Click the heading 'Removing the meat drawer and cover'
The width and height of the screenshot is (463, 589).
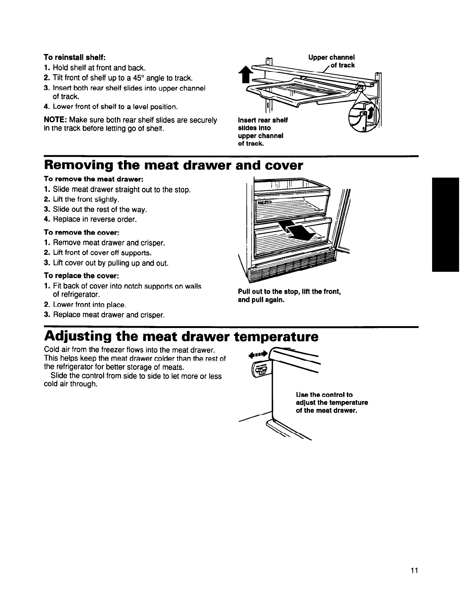click(x=174, y=165)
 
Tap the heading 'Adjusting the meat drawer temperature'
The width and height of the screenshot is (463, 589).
click(x=181, y=337)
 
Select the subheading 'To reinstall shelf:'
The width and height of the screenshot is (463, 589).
click(x=75, y=58)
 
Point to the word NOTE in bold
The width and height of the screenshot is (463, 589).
click(x=55, y=120)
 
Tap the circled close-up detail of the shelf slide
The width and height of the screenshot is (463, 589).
click(x=361, y=118)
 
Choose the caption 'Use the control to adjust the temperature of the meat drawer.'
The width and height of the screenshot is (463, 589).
click(x=332, y=402)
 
